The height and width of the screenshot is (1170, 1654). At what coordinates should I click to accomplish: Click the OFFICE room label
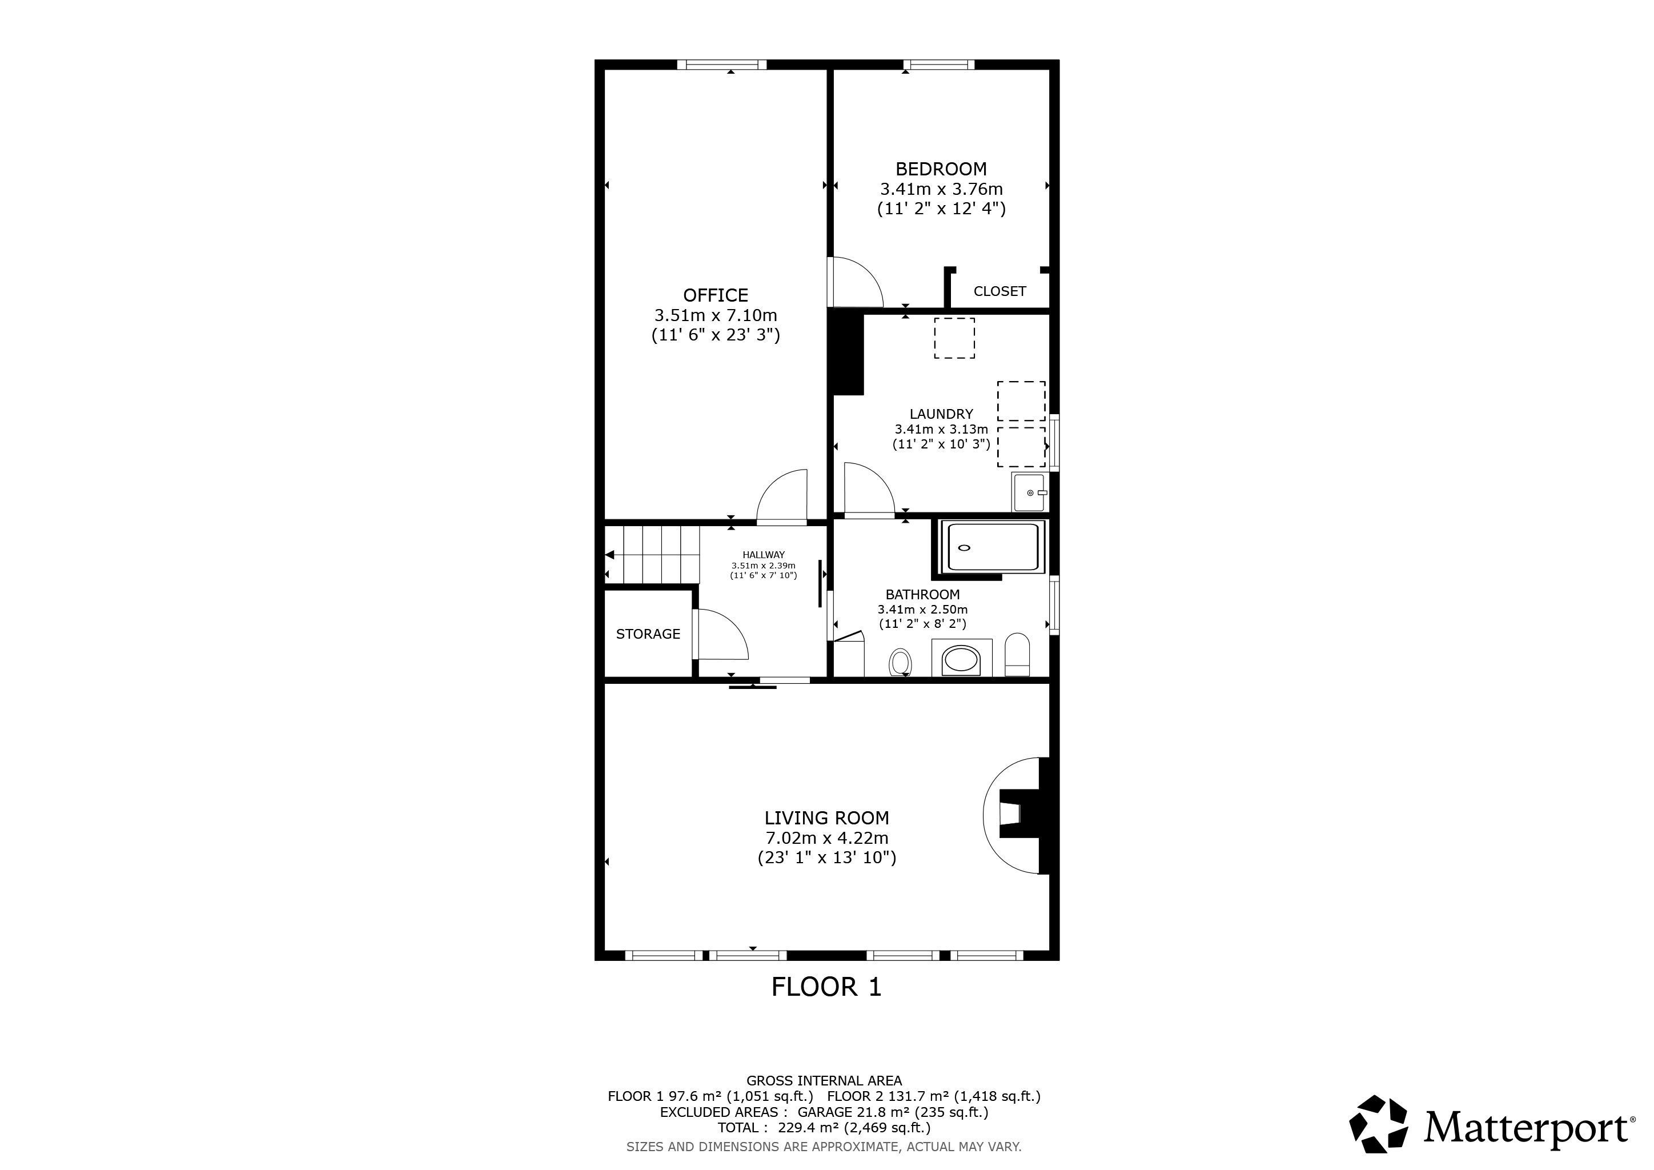[715, 295]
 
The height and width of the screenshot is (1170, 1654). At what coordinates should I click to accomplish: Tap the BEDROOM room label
[941, 169]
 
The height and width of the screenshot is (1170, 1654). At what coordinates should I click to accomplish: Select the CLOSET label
[999, 291]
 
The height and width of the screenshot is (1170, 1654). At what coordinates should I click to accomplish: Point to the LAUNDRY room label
[941, 414]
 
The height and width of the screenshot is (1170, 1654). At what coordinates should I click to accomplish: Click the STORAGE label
[648, 634]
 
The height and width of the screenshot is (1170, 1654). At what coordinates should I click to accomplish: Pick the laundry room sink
[1029, 492]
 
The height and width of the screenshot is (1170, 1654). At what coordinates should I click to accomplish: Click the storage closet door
[720, 634]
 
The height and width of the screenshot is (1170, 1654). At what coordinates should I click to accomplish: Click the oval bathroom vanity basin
[962, 659]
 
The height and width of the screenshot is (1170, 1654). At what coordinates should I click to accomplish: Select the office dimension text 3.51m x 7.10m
[715, 315]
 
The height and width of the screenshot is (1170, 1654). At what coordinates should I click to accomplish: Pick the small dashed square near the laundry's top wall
[954, 338]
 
